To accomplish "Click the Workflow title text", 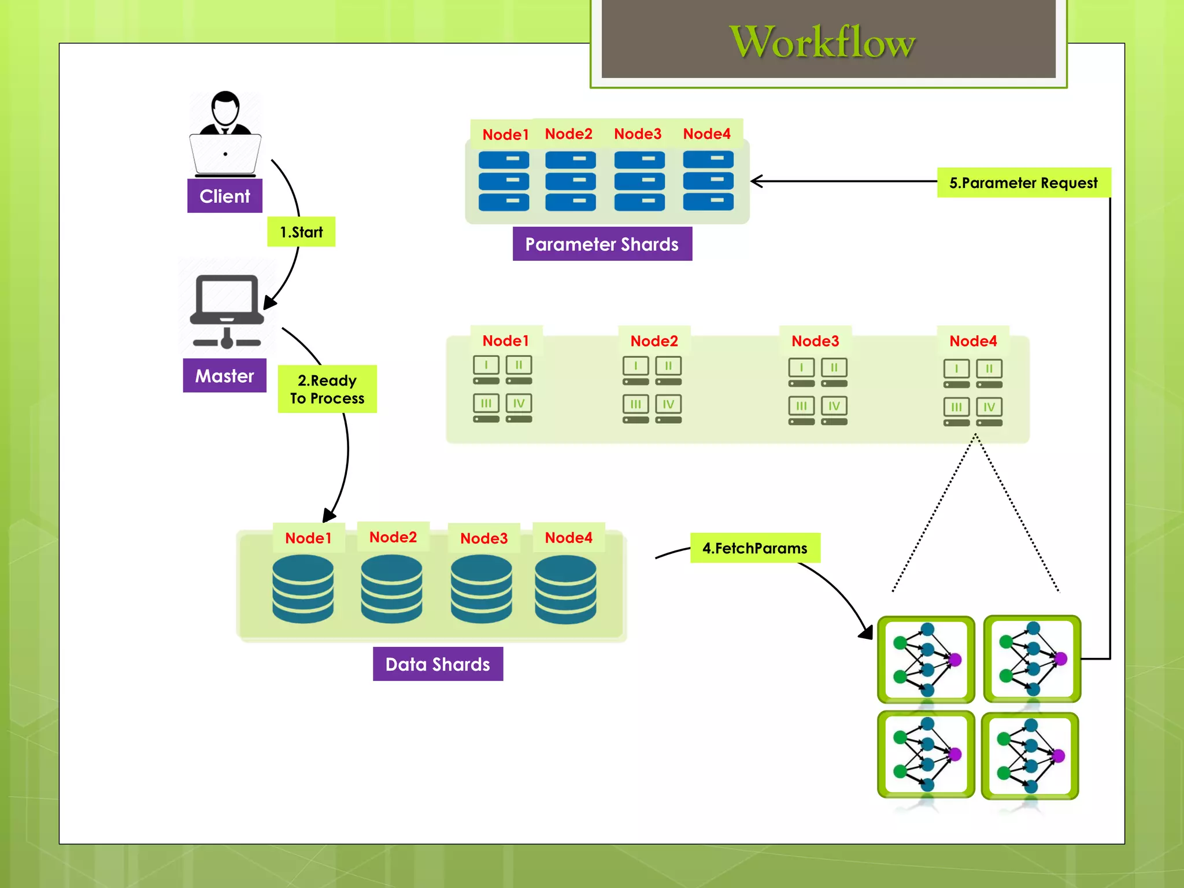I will coord(822,42).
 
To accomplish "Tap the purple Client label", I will coord(224,196).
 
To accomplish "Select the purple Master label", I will coord(224,376).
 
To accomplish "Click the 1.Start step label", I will coord(301,232).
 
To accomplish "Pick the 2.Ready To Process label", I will coord(327,389).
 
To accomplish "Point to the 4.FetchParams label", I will coord(754,548).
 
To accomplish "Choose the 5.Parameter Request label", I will coord(1023,183).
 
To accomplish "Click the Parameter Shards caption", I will coord(602,244).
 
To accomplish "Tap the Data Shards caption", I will coord(438,664).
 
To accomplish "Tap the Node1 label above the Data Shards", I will coord(308,538).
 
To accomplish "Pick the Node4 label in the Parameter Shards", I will coord(706,134).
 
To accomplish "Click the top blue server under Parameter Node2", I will coord(570,160).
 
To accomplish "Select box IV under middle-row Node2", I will coord(668,404).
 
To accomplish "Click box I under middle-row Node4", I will coord(956,369).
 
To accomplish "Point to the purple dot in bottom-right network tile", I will coord(1059,755).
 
